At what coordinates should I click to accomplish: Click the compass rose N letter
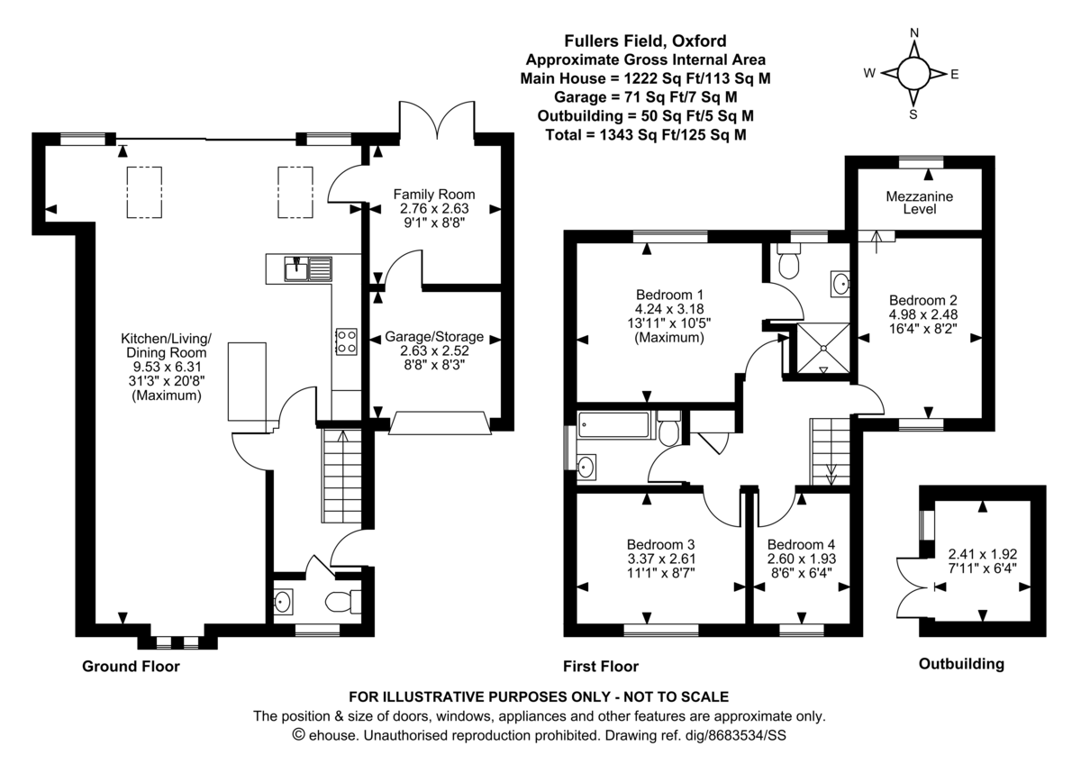(913, 33)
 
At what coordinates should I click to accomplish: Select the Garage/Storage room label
(434, 337)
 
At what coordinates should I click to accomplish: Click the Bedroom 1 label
(669, 295)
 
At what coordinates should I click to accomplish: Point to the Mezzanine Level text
(919, 202)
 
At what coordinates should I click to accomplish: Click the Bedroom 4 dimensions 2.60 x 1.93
(801, 559)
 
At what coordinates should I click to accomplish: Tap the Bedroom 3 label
(660, 544)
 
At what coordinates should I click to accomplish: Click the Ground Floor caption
(131, 667)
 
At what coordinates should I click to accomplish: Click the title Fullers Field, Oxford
(645, 41)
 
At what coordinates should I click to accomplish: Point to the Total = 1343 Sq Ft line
(645, 135)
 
